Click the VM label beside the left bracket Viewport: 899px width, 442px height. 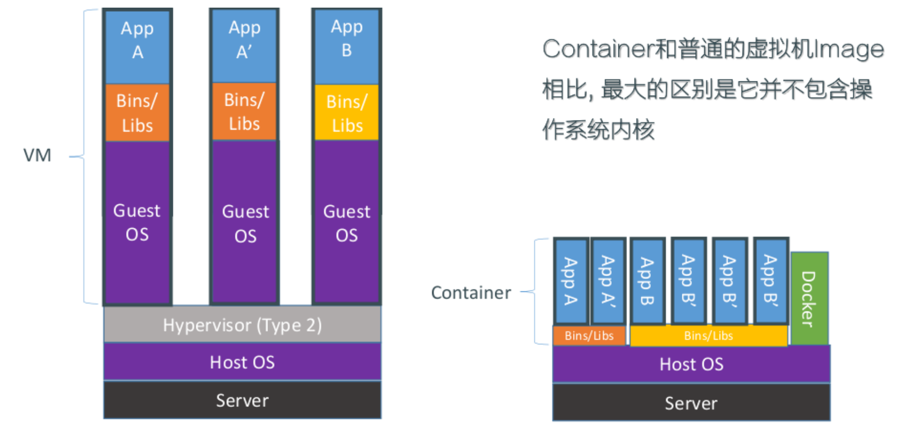point(38,155)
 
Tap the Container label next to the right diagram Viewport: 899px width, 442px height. point(471,293)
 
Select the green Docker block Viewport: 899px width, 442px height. point(810,298)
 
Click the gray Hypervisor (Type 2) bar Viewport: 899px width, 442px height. point(242,325)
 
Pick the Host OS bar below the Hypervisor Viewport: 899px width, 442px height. point(242,362)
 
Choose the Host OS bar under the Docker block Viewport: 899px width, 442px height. point(691,364)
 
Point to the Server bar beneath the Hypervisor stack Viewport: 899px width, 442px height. point(242,400)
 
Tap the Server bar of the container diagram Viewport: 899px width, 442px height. point(691,403)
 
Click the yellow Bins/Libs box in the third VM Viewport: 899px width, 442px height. point(347,113)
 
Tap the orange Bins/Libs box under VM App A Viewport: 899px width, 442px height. point(137,112)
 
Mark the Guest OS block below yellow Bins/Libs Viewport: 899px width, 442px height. point(347,222)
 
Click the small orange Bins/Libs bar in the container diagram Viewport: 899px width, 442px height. point(589,336)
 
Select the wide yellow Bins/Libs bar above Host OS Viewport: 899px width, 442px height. point(708,336)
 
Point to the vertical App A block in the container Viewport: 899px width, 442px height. point(571,281)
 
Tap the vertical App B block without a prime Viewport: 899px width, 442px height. point(647,281)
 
